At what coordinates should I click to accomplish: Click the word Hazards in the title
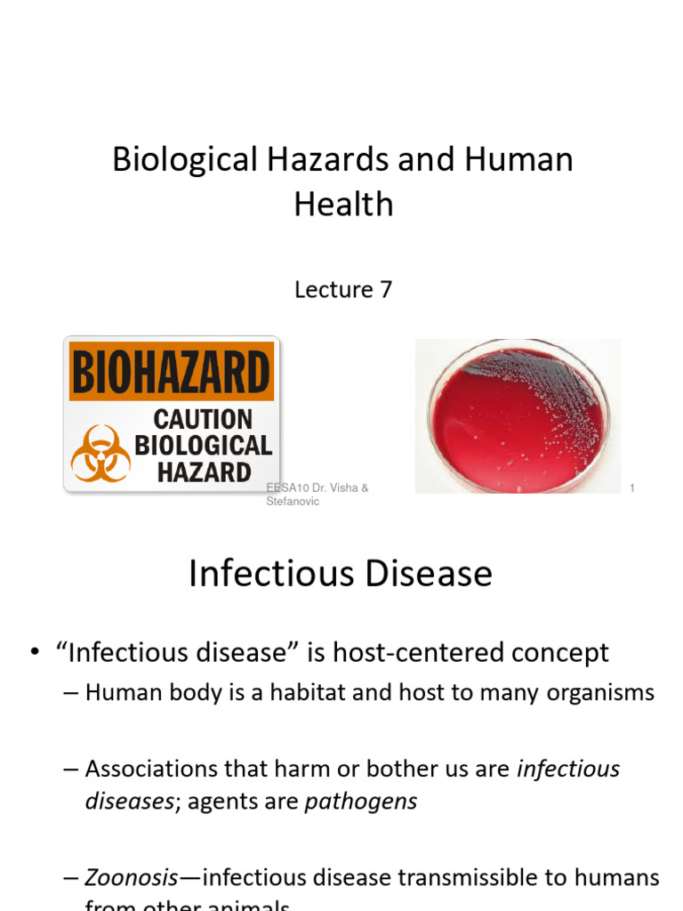tap(302, 160)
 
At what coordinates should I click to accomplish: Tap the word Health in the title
tap(343, 205)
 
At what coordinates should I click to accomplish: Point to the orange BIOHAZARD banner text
tap(171, 373)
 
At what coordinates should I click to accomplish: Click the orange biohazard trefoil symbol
tap(100, 453)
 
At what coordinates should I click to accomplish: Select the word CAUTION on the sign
tap(203, 419)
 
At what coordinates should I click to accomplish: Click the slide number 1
tap(631, 488)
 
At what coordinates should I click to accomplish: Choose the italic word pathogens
tap(360, 801)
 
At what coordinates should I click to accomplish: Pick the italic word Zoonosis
tap(132, 877)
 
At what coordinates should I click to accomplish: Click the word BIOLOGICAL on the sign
tap(203, 445)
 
